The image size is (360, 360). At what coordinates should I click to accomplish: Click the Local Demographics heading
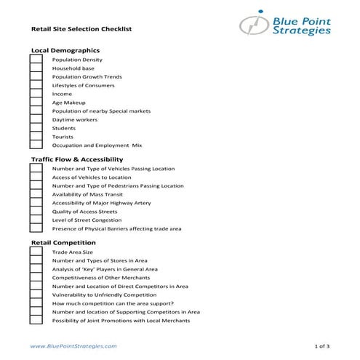65,49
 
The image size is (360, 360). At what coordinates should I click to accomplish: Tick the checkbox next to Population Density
35,60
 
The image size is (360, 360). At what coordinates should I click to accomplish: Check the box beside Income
35,94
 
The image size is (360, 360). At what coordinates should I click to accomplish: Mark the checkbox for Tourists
35,137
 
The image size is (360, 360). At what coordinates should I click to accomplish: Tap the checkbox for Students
35,128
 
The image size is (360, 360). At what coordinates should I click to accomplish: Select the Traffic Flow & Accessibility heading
76,159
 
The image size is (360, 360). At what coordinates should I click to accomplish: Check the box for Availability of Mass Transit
35,194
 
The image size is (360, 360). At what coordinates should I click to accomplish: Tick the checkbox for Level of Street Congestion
35,220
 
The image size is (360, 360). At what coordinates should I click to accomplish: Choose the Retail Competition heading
63,242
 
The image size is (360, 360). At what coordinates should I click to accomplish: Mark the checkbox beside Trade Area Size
35,252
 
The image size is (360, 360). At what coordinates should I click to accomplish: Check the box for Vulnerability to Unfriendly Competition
35,295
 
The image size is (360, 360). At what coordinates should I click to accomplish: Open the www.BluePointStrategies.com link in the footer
73,347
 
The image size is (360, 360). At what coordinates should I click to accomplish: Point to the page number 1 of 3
321,347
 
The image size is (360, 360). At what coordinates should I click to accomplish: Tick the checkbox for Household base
35,68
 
